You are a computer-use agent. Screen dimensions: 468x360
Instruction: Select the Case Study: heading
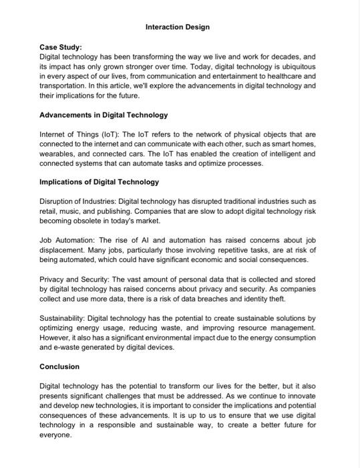click(60, 48)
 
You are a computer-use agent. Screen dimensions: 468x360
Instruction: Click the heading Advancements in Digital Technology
click(104, 115)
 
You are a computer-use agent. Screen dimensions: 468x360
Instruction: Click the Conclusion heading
click(59, 366)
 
